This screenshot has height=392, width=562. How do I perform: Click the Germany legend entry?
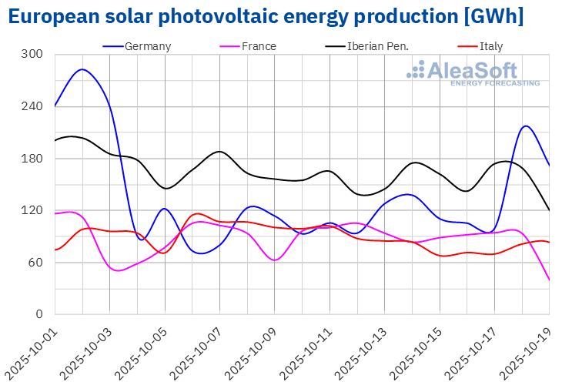tap(147, 46)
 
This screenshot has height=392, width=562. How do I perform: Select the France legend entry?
tap(259, 46)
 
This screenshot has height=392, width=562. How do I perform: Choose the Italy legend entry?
tap(490, 46)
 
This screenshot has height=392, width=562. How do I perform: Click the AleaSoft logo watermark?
tap(473, 73)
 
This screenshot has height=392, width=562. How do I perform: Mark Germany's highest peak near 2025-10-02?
tap(82, 69)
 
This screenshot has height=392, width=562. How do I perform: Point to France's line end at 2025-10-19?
tap(549, 280)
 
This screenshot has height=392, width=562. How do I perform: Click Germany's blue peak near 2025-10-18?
tap(526, 126)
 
